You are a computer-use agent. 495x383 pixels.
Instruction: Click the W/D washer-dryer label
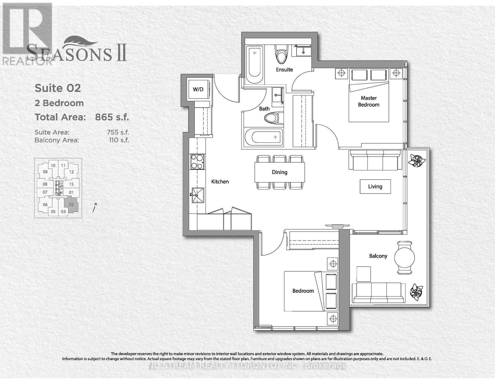pos(198,89)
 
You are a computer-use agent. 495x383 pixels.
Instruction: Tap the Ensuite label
pos(284,70)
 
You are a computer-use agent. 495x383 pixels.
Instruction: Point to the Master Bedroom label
pos(368,101)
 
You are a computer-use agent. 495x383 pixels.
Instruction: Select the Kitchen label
pos(220,182)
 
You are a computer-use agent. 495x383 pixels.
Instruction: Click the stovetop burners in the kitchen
pos(197,162)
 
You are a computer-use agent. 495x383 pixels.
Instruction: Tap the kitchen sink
pos(198,195)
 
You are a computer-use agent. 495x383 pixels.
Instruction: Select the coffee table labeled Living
pos(375,186)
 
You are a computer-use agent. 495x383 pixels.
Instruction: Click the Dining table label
pos(280,172)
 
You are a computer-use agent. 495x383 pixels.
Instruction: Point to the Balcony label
pos(378,256)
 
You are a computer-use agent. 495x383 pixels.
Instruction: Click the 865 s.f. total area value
pos(112,117)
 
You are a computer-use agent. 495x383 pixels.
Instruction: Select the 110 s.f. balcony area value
pos(119,140)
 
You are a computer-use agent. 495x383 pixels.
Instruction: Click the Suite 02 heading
pos(58,88)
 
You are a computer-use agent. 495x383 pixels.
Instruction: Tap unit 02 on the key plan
pos(71,205)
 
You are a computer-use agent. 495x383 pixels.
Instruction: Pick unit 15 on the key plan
pos(71,184)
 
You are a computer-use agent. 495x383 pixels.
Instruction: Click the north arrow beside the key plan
pos(94,208)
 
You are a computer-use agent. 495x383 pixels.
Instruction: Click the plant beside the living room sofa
pos(417,160)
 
